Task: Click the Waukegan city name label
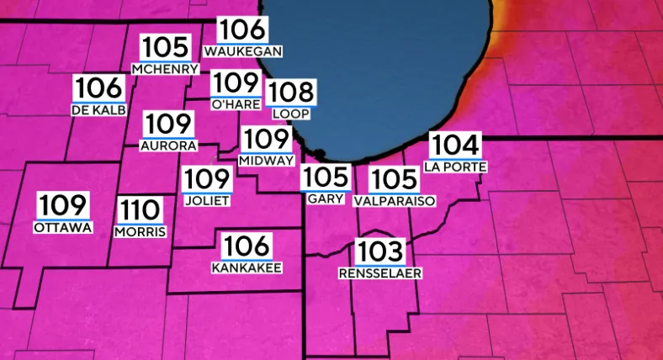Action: pos(242,51)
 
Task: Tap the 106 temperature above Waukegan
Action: pos(242,30)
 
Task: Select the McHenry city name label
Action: pos(165,69)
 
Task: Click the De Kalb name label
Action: pos(100,109)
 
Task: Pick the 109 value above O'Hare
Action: pos(234,83)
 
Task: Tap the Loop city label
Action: pos(291,113)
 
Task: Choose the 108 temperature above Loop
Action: pos(291,93)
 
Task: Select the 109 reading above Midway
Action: pos(266,140)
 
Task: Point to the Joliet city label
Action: pos(207,200)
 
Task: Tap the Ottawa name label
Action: pos(63,227)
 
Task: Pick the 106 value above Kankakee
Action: pos(247,246)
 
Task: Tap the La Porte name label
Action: pos(456,167)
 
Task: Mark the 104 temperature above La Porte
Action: pos(456,146)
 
